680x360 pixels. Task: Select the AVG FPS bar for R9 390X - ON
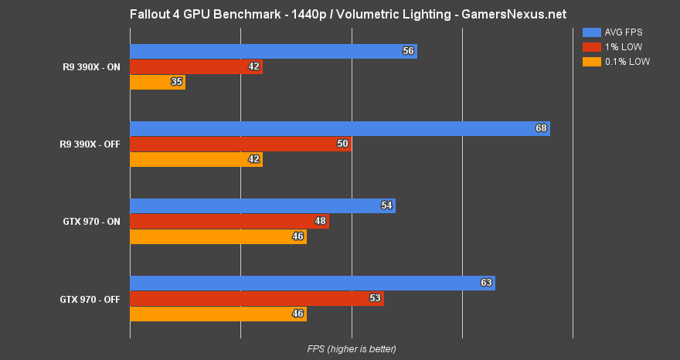273,52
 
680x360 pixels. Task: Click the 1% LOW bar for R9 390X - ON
196,67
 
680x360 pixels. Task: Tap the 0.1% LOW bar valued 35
158,83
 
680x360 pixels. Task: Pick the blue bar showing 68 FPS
339,128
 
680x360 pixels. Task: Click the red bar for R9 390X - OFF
240,144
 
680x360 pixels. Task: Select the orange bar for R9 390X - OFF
196,160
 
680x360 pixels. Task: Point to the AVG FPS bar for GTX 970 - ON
262,205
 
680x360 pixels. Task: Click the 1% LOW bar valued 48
229,221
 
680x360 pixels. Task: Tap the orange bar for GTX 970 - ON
218,236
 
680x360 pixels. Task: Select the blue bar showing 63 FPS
312,283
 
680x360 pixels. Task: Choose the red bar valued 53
257,298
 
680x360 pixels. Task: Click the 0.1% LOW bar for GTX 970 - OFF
218,314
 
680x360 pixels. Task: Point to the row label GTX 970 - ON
91,222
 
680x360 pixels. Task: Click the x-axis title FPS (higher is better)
351,349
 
